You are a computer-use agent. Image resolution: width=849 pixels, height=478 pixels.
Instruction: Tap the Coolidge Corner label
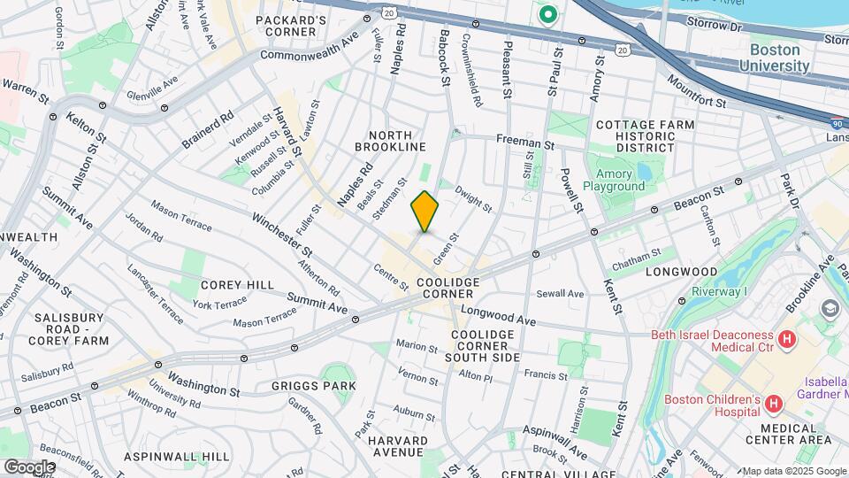tap(447, 282)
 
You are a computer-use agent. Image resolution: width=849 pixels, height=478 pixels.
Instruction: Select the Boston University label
tap(775, 58)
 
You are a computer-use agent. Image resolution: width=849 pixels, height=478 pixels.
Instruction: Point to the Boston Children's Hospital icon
tap(775, 405)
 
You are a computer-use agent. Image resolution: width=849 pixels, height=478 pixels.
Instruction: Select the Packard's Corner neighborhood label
tap(285, 26)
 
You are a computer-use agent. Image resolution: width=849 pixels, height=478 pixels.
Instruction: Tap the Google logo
tap(28, 466)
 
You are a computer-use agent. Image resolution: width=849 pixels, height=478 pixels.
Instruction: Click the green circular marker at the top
tap(548, 14)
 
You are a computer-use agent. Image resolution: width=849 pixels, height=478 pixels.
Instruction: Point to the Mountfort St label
tap(696, 91)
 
